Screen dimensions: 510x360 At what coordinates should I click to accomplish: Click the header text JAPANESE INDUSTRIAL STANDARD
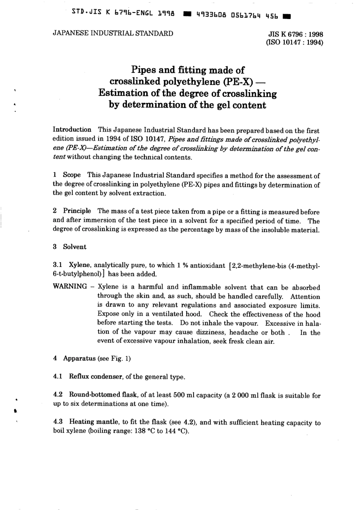coord(113,33)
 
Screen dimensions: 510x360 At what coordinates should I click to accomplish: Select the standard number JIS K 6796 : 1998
coord(296,34)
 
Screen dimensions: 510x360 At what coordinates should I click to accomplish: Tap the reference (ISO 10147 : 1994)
coord(295,42)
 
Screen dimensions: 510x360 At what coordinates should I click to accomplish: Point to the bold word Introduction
coord(72,130)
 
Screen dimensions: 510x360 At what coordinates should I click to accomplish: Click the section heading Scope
coord(72,175)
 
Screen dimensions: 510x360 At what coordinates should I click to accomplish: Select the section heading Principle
coord(77,211)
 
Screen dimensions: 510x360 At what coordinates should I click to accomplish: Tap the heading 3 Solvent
coord(70,247)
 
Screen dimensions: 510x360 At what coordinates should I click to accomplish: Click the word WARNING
coord(70,286)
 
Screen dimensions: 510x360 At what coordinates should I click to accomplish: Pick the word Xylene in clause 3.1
coord(80,265)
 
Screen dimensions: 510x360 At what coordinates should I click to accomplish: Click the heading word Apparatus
coord(79,358)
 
